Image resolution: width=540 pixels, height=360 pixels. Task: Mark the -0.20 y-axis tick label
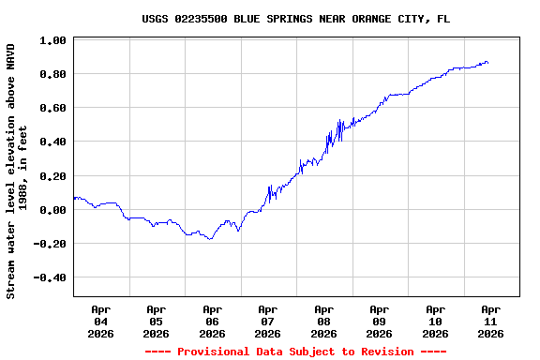[x=50, y=244]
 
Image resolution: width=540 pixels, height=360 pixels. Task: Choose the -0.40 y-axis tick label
[x=50, y=277]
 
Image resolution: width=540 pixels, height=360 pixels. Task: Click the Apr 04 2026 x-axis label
[x=100, y=321]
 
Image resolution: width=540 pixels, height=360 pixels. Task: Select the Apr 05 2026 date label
[x=157, y=321]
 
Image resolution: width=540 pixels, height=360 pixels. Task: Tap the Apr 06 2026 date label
[x=212, y=321]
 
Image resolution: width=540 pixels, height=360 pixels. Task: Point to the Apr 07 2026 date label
[x=268, y=321]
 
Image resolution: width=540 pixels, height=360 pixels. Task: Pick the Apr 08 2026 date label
[x=323, y=321]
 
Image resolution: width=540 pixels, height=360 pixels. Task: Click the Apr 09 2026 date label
[x=380, y=321]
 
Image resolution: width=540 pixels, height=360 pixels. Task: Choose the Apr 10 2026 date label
[x=435, y=321]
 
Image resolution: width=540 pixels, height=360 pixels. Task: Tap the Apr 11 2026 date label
[x=491, y=321]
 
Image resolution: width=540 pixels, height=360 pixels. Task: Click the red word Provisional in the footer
[x=220, y=352]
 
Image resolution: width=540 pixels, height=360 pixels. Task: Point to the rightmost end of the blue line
[x=487, y=63]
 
